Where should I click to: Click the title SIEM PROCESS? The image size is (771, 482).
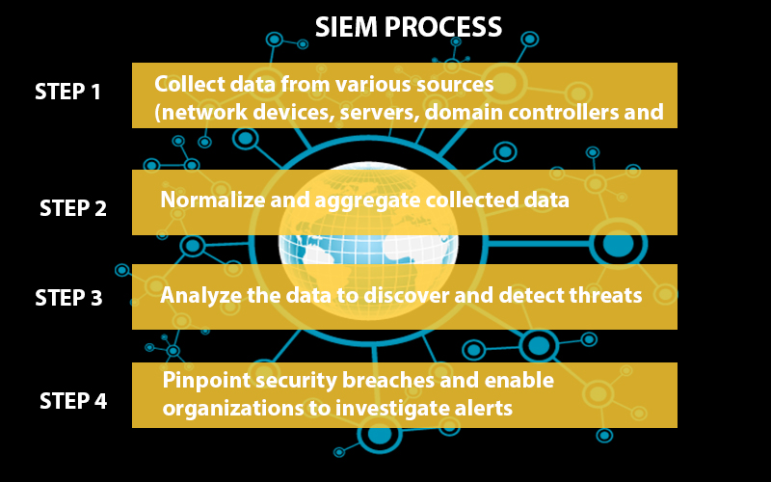tap(408, 27)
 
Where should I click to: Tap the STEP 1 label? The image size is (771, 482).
tap(67, 92)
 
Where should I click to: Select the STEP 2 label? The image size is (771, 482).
tap(73, 208)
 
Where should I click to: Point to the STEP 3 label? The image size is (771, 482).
tap(68, 298)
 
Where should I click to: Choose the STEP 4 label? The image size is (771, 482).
tap(73, 401)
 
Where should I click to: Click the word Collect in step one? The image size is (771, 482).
tap(189, 84)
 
